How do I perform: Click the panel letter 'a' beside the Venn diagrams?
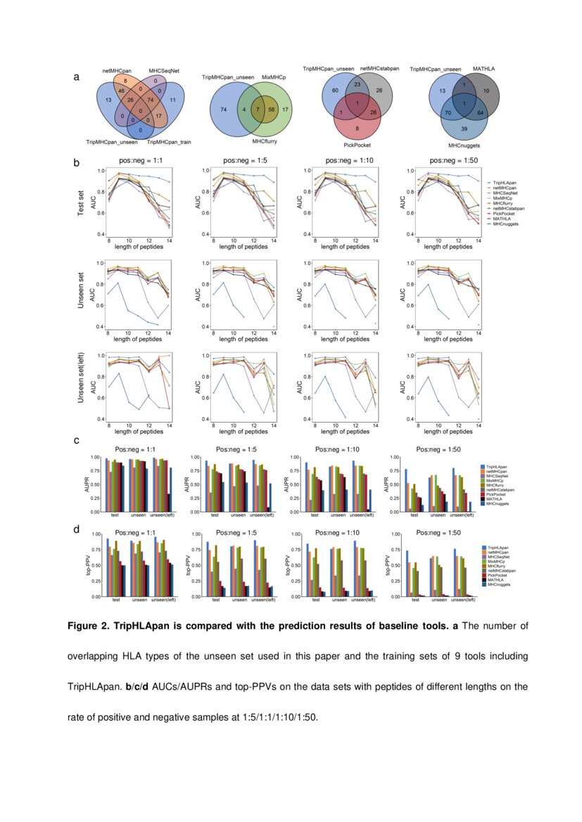[x=76, y=78]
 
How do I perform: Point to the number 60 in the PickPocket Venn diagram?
[x=336, y=91]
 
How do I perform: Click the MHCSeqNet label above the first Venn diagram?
[x=163, y=70]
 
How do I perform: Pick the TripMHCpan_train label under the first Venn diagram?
[x=168, y=142]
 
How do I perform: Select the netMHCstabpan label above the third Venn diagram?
[x=379, y=69]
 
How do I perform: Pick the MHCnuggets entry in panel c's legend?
[x=498, y=504]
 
